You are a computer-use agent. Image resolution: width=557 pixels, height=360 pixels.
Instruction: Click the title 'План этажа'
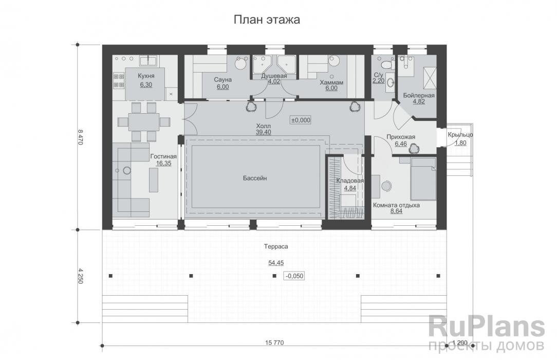(x=267, y=20)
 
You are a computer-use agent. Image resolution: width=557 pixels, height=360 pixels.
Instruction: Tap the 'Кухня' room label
(x=145, y=77)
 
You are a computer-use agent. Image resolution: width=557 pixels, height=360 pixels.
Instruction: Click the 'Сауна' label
(x=224, y=80)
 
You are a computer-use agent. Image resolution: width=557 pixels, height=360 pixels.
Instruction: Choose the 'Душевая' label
(x=274, y=76)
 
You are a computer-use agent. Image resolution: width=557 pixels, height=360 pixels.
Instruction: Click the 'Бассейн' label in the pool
(x=255, y=178)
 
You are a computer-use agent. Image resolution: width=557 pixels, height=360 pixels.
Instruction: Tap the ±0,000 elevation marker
(x=301, y=119)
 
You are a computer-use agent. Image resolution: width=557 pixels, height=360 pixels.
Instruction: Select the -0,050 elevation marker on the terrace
(x=294, y=276)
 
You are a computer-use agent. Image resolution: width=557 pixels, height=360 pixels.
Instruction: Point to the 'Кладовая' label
(x=350, y=181)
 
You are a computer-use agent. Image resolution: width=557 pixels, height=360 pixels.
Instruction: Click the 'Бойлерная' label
(x=419, y=96)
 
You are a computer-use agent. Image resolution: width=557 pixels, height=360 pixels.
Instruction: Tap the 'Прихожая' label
(x=401, y=137)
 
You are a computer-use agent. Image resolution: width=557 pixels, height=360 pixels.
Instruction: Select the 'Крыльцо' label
(x=460, y=135)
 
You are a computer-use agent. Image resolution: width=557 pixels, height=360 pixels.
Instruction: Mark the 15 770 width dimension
(x=275, y=342)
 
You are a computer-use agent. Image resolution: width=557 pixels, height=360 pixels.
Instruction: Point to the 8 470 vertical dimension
(x=80, y=137)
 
